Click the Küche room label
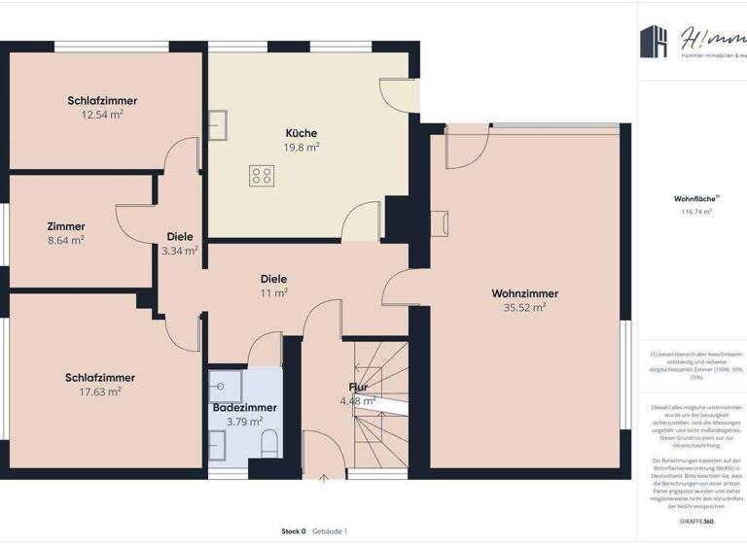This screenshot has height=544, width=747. (301, 133)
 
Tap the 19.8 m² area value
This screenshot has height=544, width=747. (301, 148)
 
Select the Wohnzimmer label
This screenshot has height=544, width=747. (524, 293)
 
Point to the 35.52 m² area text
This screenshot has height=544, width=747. (524, 308)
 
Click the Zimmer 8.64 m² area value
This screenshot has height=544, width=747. (65, 240)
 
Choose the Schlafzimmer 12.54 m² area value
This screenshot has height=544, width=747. (102, 115)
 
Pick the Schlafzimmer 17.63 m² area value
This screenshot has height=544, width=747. (100, 391)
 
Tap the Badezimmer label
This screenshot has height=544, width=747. (244, 408)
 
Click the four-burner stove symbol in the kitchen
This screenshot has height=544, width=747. (262, 176)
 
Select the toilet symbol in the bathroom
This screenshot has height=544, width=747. (269, 445)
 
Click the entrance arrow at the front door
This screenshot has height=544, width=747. (324, 476)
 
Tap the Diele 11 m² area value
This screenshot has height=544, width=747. (273, 292)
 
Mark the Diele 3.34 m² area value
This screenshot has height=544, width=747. (180, 251)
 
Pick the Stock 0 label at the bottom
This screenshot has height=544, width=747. (294, 531)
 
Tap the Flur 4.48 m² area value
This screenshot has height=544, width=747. (358, 401)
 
